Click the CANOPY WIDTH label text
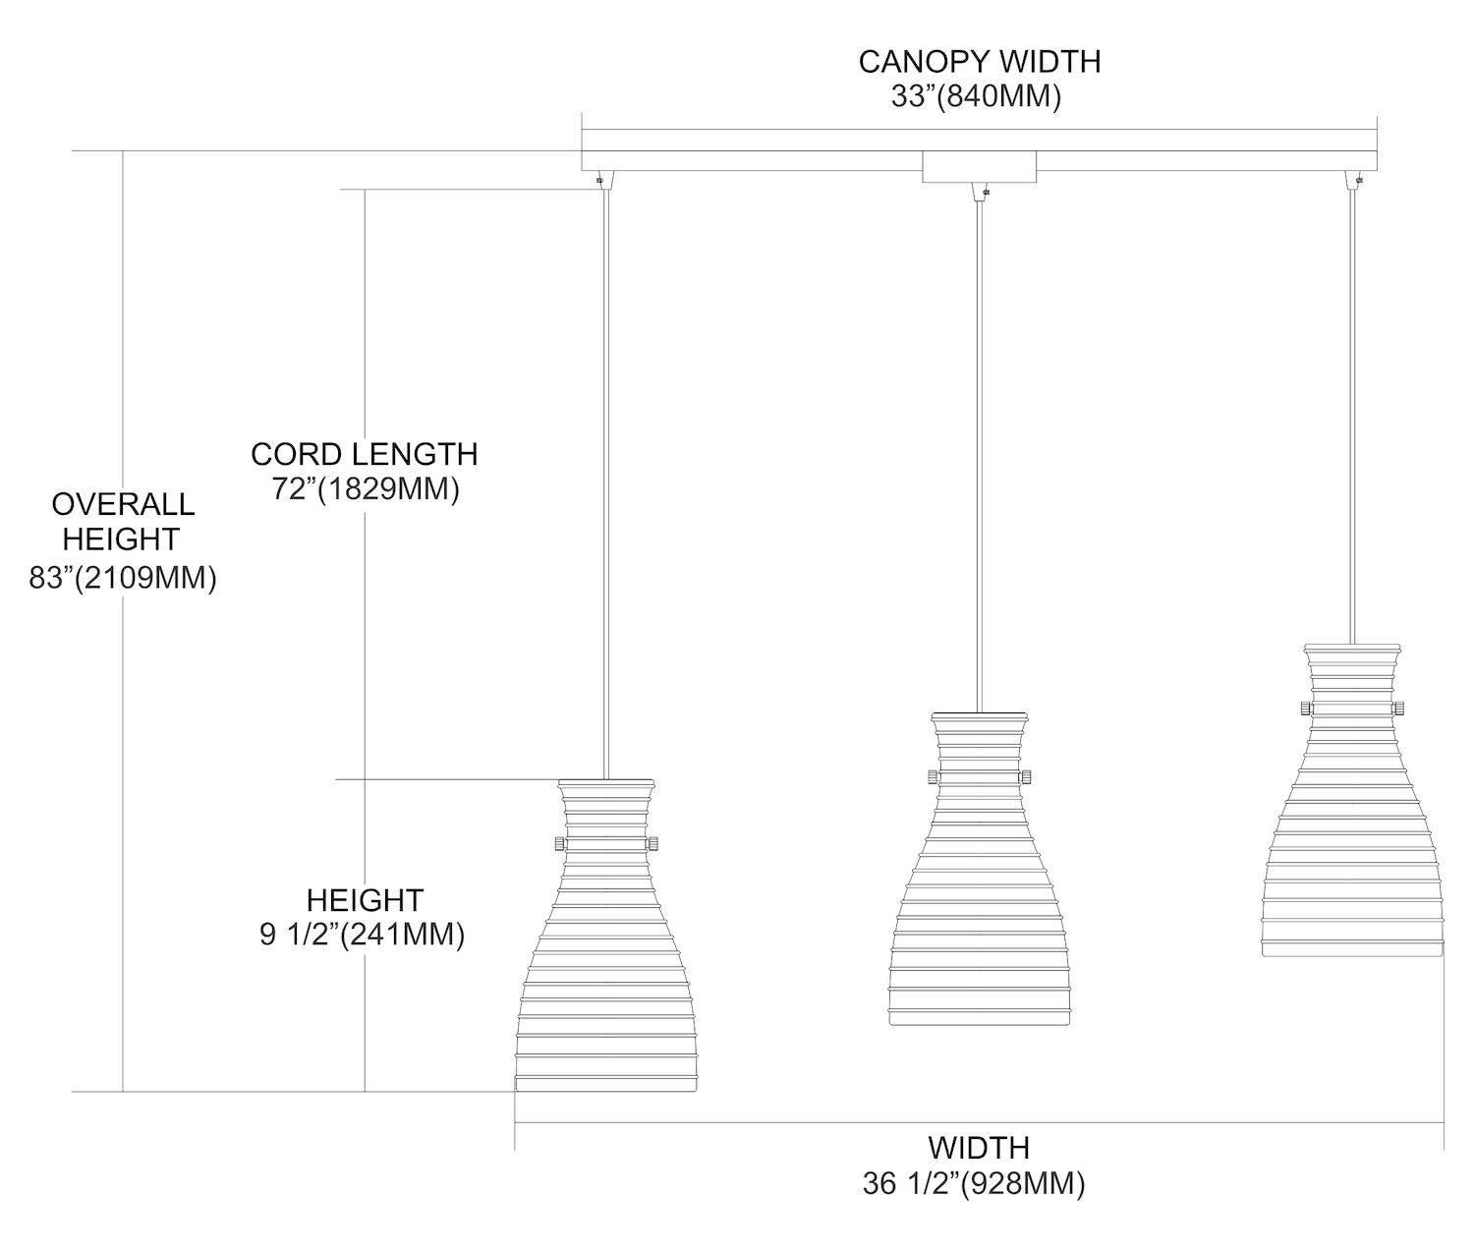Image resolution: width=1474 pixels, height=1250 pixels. click(x=980, y=61)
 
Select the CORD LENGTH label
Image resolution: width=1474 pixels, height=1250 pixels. click(x=364, y=454)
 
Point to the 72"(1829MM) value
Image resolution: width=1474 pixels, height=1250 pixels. click(x=367, y=489)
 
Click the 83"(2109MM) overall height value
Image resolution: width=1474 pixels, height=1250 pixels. click(x=123, y=578)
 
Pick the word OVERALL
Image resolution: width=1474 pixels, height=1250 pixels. click(x=123, y=504)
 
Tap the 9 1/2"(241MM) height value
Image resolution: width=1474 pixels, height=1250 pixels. click(x=363, y=935)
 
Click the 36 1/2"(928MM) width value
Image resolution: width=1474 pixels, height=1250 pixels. click(x=974, y=1184)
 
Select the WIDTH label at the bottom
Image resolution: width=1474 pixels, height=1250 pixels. click(x=979, y=1147)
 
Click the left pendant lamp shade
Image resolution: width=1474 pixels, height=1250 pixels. click(x=606, y=943)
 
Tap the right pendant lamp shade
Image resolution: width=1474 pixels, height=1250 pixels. click(x=1352, y=806)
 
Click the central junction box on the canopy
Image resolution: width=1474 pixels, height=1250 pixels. click(x=979, y=168)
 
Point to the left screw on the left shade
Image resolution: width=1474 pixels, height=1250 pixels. click(x=558, y=843)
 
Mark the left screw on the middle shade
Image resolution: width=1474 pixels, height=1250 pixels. click(x=931, y=777)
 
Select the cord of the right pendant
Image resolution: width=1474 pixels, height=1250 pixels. click(x=1352, y=413)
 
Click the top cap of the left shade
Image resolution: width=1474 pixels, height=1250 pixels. click(x=606, y=785)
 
